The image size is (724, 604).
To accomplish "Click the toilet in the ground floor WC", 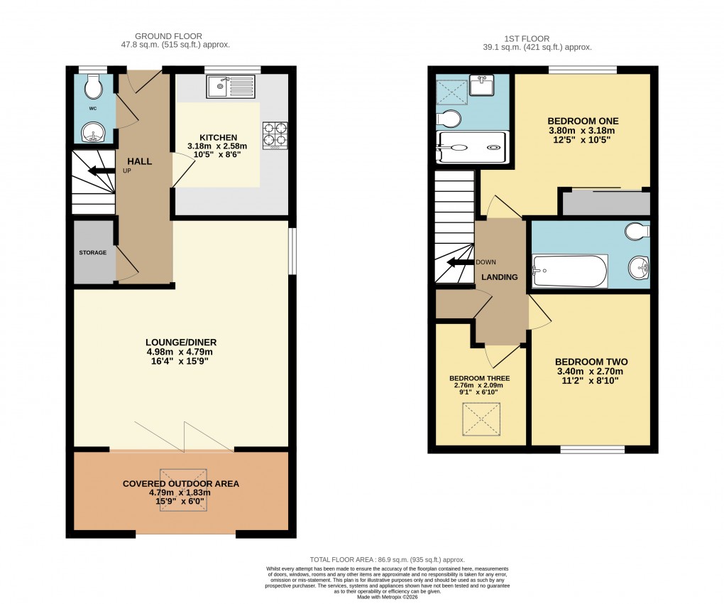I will (x=92, y=87).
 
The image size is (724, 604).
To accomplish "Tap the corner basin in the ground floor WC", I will (x=92, y=131).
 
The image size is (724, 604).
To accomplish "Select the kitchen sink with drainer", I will (x=231, y=87).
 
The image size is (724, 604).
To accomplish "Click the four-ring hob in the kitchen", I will (x=275, y=135).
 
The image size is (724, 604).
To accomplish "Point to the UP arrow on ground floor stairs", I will (x=99, y=171).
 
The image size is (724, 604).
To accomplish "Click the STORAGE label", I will (x=93, y=253).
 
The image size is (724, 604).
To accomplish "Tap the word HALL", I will (x=139, y=161).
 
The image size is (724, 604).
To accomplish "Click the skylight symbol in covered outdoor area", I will (x=183, y=482).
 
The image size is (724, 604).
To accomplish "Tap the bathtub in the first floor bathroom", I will (x=570, y=271).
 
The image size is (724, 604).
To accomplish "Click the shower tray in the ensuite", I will (x=472, y=148).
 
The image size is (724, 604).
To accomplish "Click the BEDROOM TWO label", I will (x=591, y=362).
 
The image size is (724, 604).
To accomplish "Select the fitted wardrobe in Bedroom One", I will (x=606, y=203).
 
